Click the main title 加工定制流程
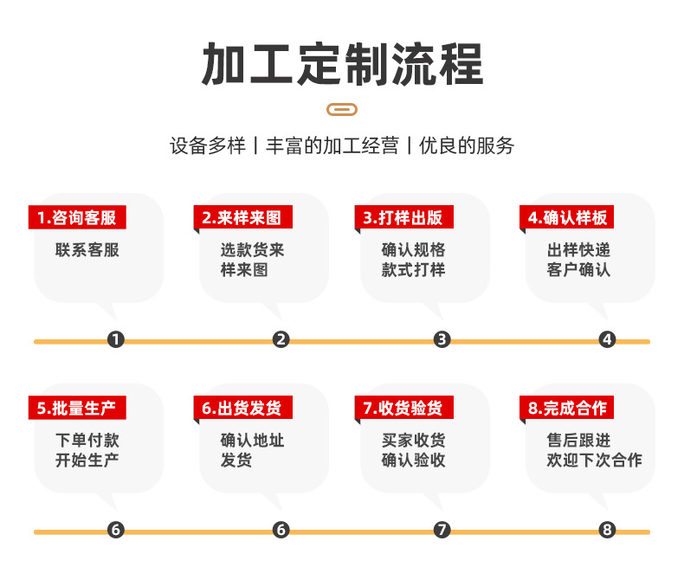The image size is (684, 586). tap(343, 64)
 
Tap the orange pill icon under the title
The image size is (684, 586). tap(342, 109)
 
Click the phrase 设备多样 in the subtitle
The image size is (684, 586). tap(208, 145)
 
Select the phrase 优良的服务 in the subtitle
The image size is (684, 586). tap(467, 145)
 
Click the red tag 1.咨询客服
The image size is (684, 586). tap(77, 217)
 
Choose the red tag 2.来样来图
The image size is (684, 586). tap(243, 217)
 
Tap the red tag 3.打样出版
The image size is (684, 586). tap(404, 217)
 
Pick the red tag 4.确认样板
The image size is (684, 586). tap(566, 217)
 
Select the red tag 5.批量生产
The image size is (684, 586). tap(77, 408)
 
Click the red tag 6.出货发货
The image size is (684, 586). tap(243, 408)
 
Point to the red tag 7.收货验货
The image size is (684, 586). tap(404, 408)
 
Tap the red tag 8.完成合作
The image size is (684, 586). tap(566, 408)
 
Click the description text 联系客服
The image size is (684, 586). tap(87, 250)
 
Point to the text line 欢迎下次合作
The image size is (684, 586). tap(594, 460)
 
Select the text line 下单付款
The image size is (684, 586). tap(87, 441)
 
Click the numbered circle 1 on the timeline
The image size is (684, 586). tap(116, 339)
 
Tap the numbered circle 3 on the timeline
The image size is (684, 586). tap(442, 339)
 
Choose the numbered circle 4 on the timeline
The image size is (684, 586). tap(607, 339)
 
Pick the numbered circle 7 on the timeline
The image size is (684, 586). tap(442, 530)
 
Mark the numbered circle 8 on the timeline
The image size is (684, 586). tap(607, 530)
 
